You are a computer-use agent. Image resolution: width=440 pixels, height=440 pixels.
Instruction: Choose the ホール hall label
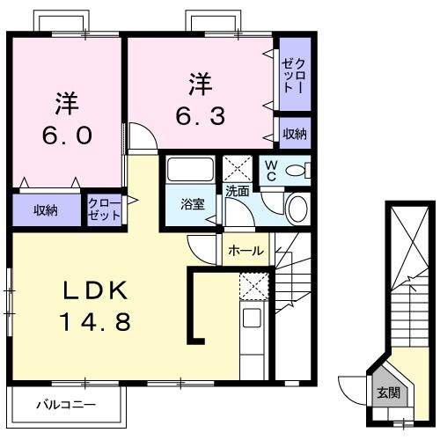(246, 251)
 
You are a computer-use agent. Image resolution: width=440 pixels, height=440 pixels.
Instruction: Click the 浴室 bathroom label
(192, 205)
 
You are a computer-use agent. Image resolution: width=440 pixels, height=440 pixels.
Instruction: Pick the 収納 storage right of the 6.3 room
(295, 134)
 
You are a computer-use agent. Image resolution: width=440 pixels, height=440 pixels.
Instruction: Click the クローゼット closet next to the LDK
(105, 209)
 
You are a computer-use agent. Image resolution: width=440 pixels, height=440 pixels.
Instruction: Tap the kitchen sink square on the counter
(251, 319)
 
